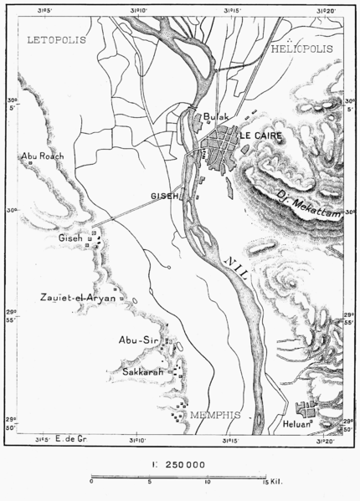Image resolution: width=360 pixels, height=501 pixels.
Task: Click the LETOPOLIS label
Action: (55, 39)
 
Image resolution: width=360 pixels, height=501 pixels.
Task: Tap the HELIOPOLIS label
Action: (302, 49)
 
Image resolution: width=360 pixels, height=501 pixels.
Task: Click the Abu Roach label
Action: (44, 156)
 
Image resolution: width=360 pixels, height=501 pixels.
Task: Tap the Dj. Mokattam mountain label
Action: (309, 204)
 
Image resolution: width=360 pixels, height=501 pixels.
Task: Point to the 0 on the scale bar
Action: (91, 483)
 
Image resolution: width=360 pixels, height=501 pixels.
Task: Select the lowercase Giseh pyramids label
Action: (70, 238)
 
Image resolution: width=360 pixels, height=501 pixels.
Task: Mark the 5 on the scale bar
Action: (149, 483)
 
